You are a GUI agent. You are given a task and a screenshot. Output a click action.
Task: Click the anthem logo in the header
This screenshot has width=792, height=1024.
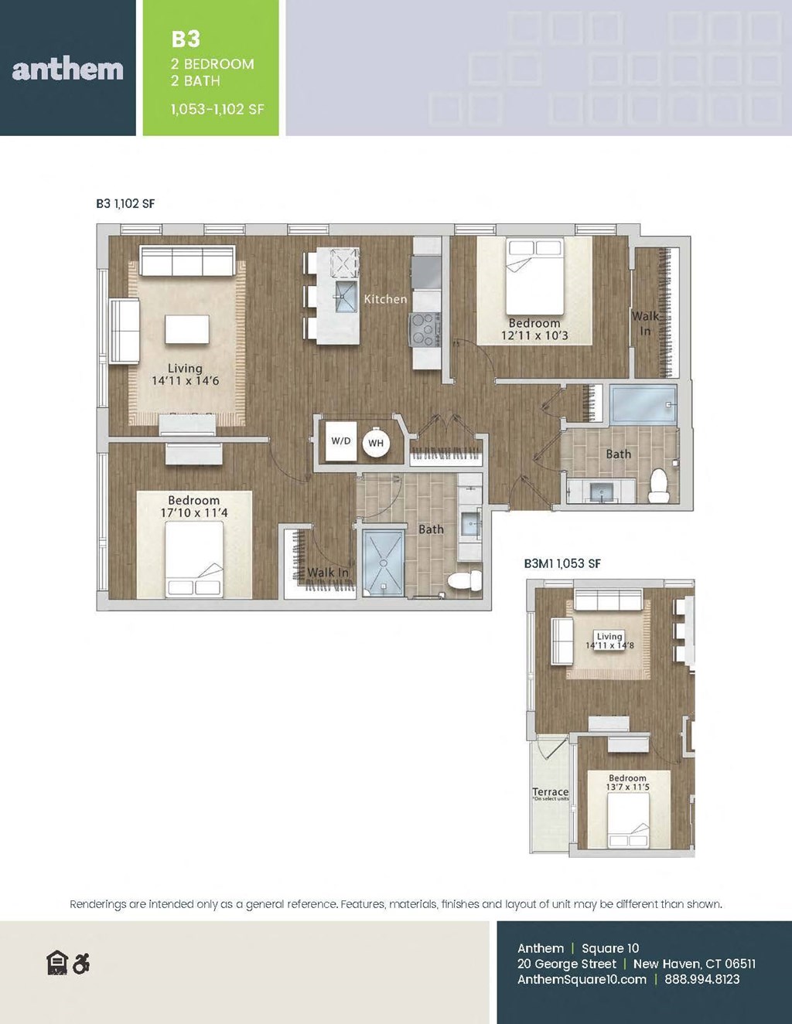pyautogui.click(x=68, y=70)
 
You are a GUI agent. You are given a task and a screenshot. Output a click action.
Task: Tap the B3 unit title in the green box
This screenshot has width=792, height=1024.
pyautogui.click(x=186, y=39)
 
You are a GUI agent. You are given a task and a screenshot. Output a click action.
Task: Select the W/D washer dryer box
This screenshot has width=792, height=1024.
pyautogui.click(x=341, y=441)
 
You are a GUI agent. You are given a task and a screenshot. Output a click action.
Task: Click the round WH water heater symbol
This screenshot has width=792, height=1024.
pyautogui.click(x=376, y=443)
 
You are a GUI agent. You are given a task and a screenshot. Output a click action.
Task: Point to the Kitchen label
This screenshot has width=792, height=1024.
pyautogui.click(x=385, y=299)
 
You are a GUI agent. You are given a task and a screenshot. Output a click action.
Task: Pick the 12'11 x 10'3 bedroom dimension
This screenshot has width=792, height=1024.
pyautogui.click(x=534, y=335)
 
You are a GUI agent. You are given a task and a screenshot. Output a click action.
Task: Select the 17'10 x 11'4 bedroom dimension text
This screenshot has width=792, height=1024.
pyautogui.click(x=194, y=512)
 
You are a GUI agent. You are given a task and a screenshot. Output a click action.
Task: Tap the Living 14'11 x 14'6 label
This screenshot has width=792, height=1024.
pyautogui.click(x=185, y=375)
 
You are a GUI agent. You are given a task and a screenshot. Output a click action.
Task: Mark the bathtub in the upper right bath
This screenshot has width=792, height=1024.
pyautogui.click(x=643, y=403)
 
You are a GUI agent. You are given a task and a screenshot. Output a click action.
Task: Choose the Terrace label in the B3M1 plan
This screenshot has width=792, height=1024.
pyautogui.click(x=550, y=792)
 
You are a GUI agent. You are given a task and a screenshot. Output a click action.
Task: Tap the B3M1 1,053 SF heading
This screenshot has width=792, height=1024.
pyautogui.click(x=562, y=563)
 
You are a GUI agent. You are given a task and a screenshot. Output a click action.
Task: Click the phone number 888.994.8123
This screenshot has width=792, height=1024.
pyautogui.click(x=702, y=979)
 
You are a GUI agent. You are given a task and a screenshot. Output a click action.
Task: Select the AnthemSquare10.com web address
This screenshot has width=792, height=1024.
pyautogui.click(x=582, y=979)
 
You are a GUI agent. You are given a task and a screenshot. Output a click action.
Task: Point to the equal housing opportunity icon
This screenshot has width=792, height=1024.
pyautogui.click(x=57, y=964)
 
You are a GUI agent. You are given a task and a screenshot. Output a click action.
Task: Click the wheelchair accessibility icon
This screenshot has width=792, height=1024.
pyautogui.click(x=80, y=964)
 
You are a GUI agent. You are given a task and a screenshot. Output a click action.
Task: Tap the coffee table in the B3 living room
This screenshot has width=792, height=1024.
pyautogui.click(x=187, y=330)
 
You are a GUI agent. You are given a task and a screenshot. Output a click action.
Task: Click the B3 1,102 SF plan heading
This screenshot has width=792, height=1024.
pyautogui.click(x=125, y=203)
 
